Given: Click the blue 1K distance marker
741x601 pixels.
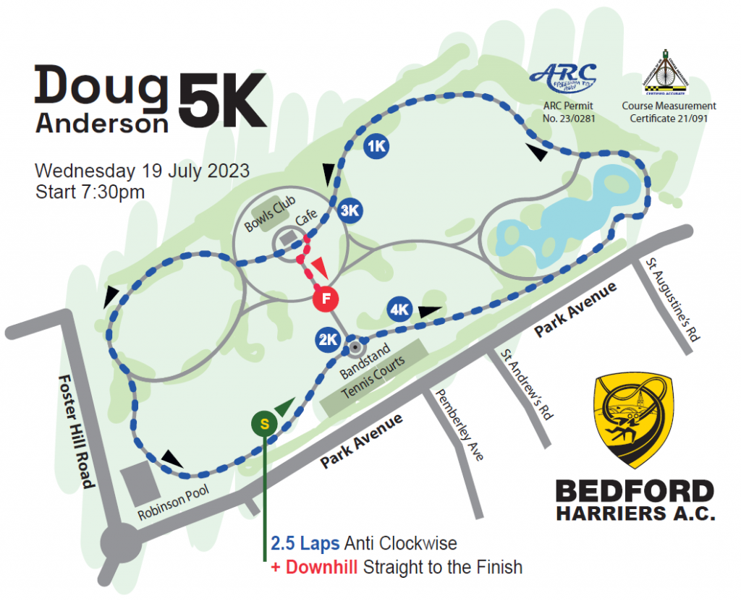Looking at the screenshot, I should [376, 146].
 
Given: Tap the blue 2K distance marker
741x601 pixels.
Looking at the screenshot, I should [327, 338].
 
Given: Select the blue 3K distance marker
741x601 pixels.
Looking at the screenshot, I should [350, 210].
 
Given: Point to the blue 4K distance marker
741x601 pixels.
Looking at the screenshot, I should [399, 310].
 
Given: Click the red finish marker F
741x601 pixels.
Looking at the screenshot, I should [326, 297].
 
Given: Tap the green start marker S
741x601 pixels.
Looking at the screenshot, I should [264, 424].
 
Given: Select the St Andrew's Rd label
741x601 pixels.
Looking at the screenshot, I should [527, 383].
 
